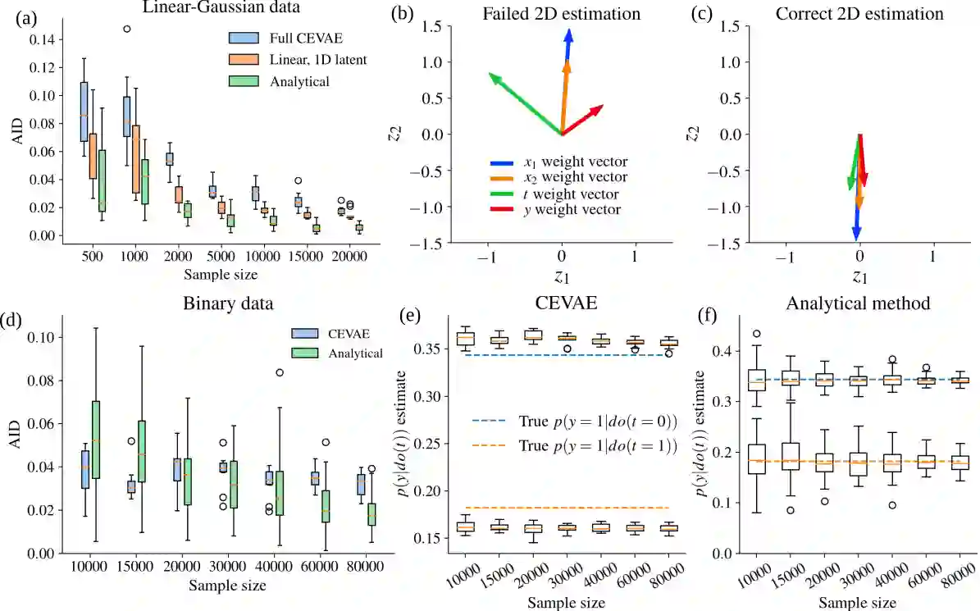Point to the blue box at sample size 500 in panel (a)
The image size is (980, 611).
[x=84, y=112]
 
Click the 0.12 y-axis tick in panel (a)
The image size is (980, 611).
[x=38, y=67]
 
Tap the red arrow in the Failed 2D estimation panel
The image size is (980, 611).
[x=586, y=117]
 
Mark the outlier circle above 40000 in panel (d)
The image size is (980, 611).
[x=280, y=372]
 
